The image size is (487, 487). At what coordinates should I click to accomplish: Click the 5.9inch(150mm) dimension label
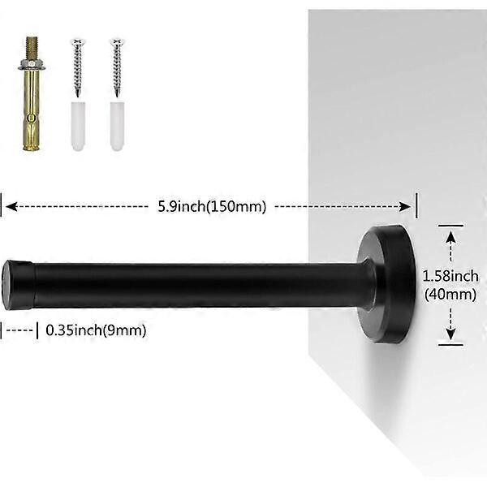(212, 206)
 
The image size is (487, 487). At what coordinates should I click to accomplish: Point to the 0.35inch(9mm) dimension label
(96, 330)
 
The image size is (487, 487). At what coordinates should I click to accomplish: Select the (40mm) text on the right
(450, 295)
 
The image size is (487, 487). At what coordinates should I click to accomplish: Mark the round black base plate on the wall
(388, 284)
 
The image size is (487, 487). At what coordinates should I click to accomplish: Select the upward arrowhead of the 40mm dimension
(450, 235)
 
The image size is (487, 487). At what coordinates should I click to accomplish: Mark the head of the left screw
(78, 41)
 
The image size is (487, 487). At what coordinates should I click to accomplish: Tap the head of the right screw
(116, 41)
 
